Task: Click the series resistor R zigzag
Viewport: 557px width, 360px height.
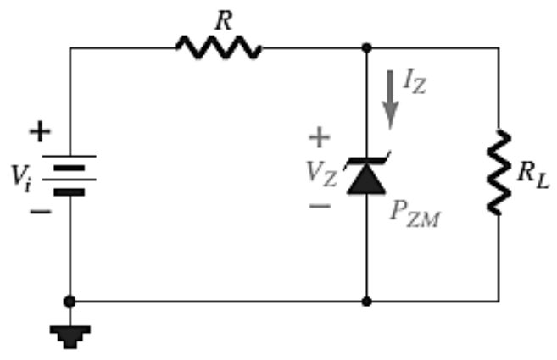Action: [x=219, y=47]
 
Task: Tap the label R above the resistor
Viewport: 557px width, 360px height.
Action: [x=224, y=20]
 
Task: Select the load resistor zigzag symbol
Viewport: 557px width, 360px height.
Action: [x=499, y=173]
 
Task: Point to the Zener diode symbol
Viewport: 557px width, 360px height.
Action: [x=366, y=174]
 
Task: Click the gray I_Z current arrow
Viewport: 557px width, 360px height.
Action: [x=390, y=100]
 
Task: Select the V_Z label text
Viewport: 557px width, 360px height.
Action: [x=321, y=174]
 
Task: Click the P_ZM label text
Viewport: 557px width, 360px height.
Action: [x=415, y=214]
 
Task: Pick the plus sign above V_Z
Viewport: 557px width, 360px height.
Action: [x=320, y=137]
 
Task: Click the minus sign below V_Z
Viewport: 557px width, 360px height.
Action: [x=320, y=206]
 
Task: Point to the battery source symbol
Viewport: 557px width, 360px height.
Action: [x=70, y=175]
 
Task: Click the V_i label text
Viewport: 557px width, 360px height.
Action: [x=21, y=177]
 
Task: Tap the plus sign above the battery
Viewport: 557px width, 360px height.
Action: [x=40, y=131]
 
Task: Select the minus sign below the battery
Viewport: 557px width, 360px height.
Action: [x=41, y=212]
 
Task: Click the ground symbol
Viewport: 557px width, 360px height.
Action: [x=70, y=337]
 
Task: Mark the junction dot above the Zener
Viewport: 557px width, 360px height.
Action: [x=366, y=47]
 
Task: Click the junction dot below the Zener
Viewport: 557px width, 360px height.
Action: [x=366, y=302]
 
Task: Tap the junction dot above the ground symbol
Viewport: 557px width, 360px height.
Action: [x=70, y=302]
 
